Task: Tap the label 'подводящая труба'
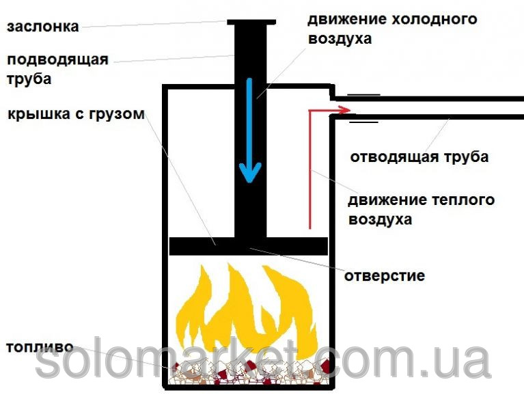(x=57, y=69)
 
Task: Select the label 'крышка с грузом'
(x=76, y=113)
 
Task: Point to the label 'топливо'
(x=39, y=346)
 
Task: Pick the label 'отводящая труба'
(x=419, y=157)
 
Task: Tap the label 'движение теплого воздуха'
(x=421, y=210)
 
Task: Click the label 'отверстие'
(x=384, y=276)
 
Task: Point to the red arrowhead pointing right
(x=344, y=109)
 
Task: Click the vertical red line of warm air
(x=310, y=171)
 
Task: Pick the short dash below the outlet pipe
(x=363, y=122)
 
